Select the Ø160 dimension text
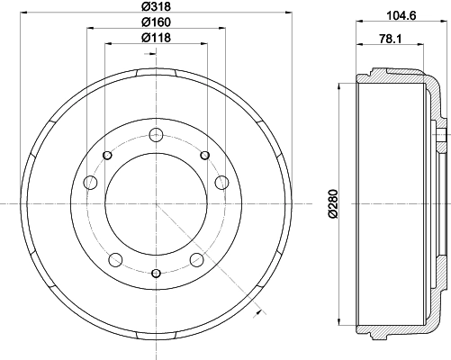156,22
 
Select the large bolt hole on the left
90,184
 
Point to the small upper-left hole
107,156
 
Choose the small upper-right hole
204,156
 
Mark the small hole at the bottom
156,273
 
